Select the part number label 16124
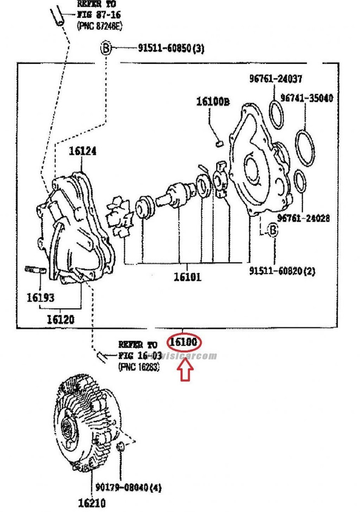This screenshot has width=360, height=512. tap(82, 151)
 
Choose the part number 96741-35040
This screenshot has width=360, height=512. tap(307, 98)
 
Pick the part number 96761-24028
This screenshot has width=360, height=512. tap(303, 218)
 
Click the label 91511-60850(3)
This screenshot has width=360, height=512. tap(170, 49)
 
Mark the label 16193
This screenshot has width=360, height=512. tap(41, 297)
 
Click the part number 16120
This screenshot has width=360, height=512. tap(61, 318)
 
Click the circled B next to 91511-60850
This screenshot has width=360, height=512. tap(105, 48)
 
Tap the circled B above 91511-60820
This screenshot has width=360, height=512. tap(272, 231)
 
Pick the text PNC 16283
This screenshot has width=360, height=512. tap(139, 366)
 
